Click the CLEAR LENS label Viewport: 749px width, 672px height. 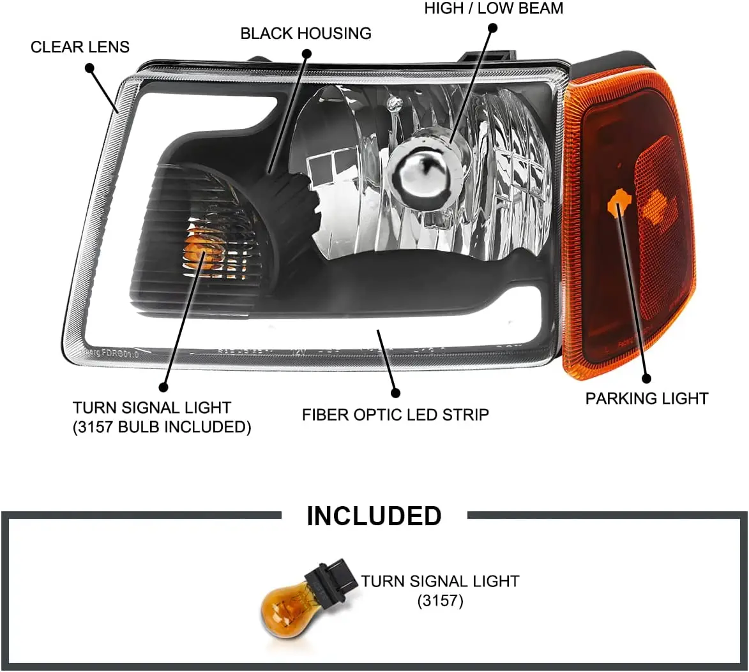(80, 47)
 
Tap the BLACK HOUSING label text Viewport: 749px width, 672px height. (306, 33)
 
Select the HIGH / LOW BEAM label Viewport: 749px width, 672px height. (494, 9)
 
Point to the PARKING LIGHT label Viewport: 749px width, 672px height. (647, 399)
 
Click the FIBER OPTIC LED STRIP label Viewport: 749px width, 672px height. (395, 415)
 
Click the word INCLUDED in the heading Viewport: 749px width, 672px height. (374, 516)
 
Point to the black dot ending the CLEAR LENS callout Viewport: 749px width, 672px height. (89, 68)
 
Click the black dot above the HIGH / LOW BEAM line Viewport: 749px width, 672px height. (492, 27)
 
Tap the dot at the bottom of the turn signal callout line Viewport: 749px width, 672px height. (163, 387)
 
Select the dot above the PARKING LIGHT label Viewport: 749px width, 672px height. (647, 378)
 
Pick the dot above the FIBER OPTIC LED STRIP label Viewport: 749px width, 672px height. (395, 393)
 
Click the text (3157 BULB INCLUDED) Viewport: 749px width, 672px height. (162, 427)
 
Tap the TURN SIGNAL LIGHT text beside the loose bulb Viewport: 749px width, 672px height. (440, 581)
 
